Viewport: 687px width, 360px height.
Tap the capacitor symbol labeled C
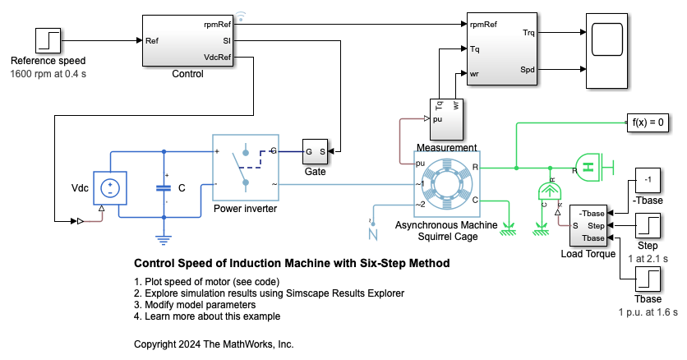[164, 187]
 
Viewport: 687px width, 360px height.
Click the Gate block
[316, 151]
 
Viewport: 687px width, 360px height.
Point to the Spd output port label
[527, 70]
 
